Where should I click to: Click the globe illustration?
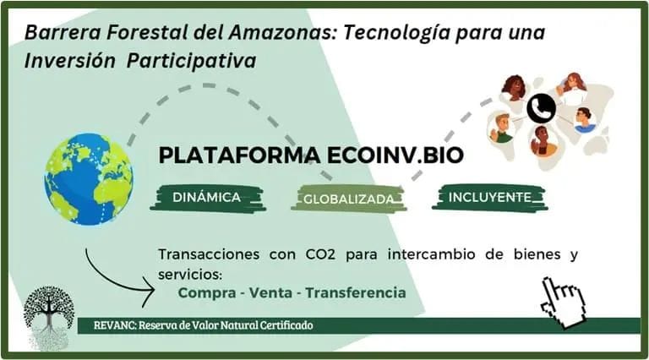89,179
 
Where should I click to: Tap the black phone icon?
542,109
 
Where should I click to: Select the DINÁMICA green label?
207,198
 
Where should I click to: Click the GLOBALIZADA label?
348,199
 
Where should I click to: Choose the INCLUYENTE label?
489,198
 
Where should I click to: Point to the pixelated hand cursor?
564,303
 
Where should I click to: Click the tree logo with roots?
49,317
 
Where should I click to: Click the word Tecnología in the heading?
396,33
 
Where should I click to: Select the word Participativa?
191,61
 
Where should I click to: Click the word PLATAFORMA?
240,155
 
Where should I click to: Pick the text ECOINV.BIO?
395,155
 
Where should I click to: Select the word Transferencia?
356,293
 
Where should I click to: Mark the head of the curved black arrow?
154,291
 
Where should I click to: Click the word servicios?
190,275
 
